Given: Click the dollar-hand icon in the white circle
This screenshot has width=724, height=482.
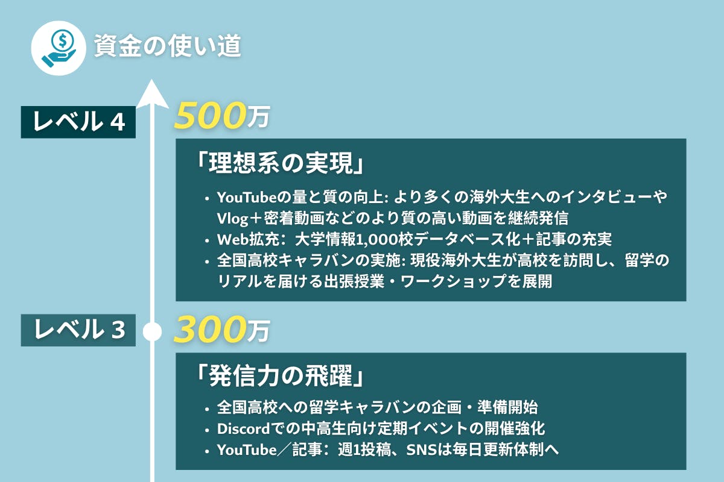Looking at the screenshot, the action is point(59,48).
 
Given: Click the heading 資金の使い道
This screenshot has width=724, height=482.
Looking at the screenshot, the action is point(168,46).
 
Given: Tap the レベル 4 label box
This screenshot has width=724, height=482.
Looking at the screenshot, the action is point(78,122).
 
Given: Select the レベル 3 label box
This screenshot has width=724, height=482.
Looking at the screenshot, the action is point(78,330).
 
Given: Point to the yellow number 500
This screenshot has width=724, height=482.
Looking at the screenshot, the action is point(209,115).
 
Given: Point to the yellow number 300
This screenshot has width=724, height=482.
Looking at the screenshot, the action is point(209,329).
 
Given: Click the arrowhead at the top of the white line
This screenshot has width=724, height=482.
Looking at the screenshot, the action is point(152,93).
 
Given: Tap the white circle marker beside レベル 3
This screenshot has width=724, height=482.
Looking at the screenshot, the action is point(152,331).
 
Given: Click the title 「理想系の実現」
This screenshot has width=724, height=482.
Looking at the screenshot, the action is point(281,163).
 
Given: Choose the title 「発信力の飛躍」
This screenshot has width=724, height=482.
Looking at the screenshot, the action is point(281,376).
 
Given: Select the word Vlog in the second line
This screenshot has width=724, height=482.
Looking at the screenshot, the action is point(232,219).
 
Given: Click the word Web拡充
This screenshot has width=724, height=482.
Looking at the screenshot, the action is point(248,239).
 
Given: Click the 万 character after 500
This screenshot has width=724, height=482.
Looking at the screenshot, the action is point(258,117).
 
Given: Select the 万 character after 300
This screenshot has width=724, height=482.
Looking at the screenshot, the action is point(258,331).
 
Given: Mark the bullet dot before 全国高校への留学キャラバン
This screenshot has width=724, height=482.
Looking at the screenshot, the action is point(207,409).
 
